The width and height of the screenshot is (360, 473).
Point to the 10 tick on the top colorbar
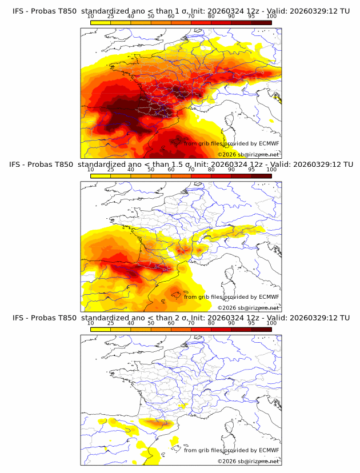90,16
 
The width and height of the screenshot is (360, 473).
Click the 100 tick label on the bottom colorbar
271,323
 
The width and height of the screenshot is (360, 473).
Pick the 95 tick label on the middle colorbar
251,170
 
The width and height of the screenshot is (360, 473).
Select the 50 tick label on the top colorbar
151,16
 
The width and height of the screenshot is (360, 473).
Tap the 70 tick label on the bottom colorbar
191,323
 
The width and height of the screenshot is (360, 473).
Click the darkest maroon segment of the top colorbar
261,22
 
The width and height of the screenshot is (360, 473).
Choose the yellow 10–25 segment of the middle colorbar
101,175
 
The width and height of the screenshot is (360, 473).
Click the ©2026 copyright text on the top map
248,154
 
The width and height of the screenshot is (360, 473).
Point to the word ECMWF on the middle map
269,296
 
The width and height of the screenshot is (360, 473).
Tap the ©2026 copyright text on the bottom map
248,461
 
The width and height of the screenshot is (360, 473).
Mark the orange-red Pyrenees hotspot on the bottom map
155,423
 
